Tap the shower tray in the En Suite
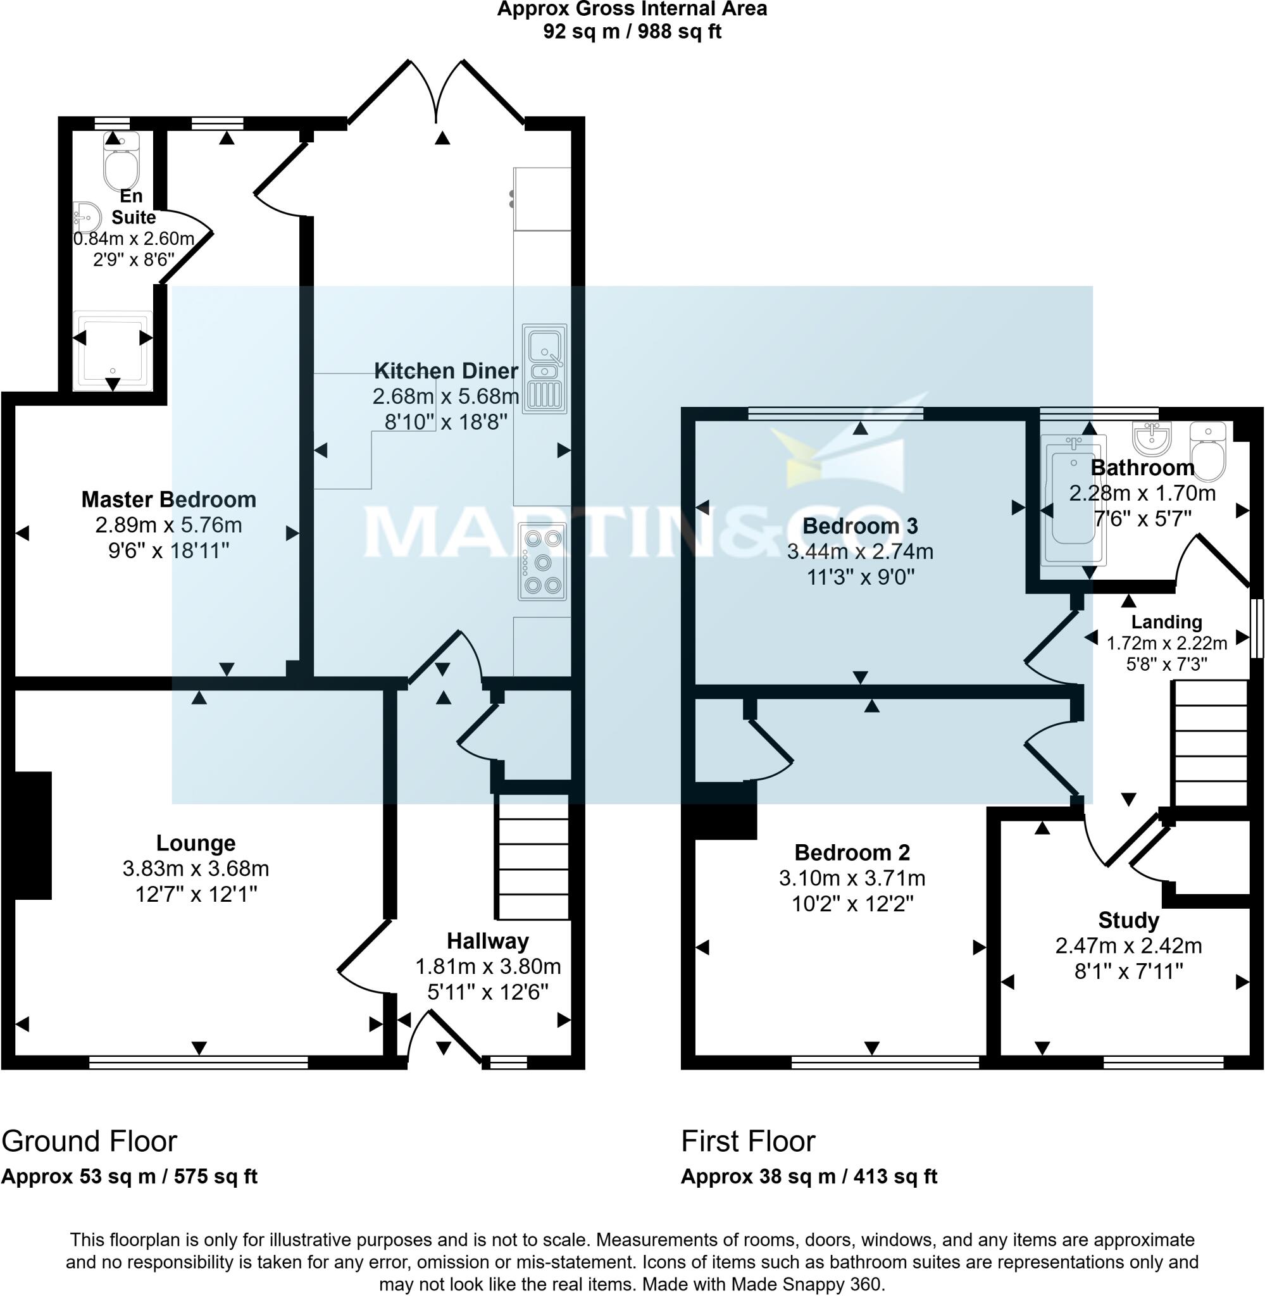coord(112,350)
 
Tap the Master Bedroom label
coord(169,499)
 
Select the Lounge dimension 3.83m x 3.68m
coord(196,868)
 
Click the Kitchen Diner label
coord(446,371)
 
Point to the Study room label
coord(1128,920)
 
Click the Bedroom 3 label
coord(860,526)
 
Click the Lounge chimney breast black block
coord(32,835)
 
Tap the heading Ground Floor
coord(89,1140)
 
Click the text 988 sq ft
coord(679,32)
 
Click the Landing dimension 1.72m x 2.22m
coord(1166,643)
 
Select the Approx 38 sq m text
coord(757,1176)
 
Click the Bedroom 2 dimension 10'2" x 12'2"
coord(852,904)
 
